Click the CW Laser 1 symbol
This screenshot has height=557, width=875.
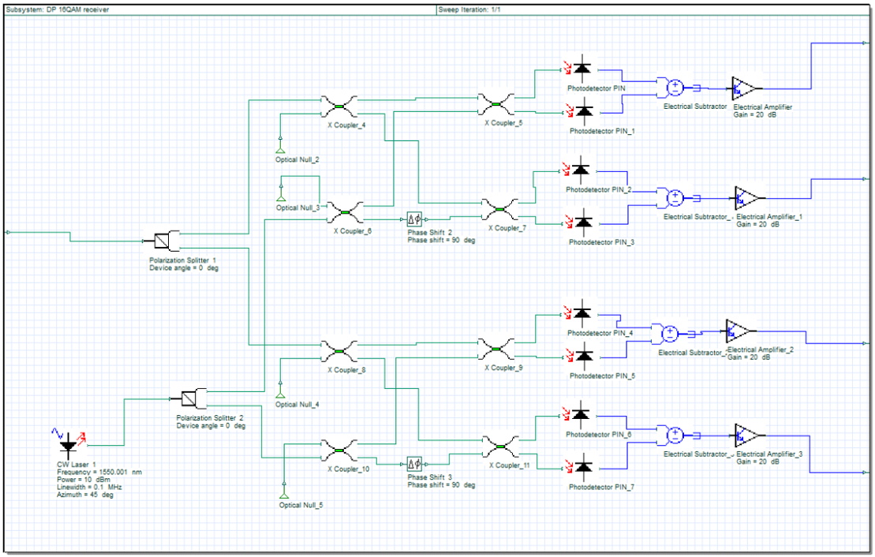click(69, 440)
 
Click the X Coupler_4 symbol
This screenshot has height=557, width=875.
click(339, 106)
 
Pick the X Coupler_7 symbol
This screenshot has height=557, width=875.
click(499, 209)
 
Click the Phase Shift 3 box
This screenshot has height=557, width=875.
click(415, 462)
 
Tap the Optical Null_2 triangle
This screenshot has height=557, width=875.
click(280, 148)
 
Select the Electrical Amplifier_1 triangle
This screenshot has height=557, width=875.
click(746, 196)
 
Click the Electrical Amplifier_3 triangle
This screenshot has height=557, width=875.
click(746, 434)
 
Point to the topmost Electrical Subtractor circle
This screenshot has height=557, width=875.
click(675, 88)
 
